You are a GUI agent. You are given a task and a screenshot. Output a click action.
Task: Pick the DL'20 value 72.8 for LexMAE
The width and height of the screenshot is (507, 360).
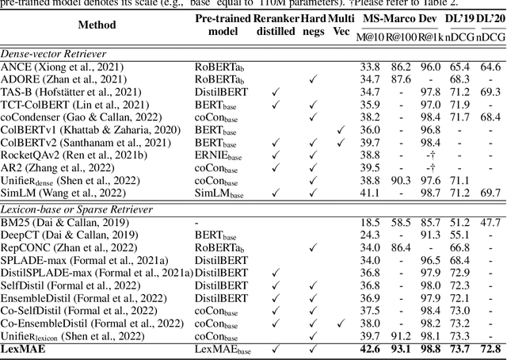point(490,349)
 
